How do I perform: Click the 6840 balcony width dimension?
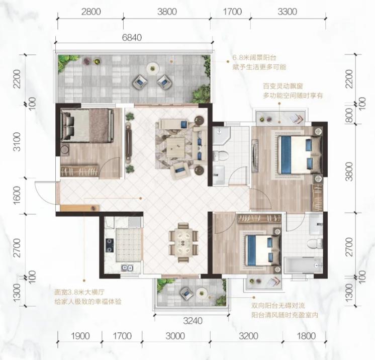pos(132,38)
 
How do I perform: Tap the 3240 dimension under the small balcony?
pos(193,321)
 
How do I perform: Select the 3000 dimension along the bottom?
pos(175,336)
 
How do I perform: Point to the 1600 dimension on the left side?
pos(17,196)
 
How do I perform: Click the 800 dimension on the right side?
pos(349,115)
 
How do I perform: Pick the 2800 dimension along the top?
pos(91,12)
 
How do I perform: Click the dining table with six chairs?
pos(183,242)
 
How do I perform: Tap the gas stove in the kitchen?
pos(110,245)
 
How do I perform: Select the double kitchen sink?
pos(127,267)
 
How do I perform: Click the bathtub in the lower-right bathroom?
pos(303,265)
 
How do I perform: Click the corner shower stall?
pos(221,135)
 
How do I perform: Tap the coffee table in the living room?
pos(175,147)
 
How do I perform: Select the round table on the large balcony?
pos(153,68)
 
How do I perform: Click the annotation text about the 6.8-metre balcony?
pos(259,62)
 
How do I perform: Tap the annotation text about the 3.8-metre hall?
pos(88,297)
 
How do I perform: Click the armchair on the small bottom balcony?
pos(186,293)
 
